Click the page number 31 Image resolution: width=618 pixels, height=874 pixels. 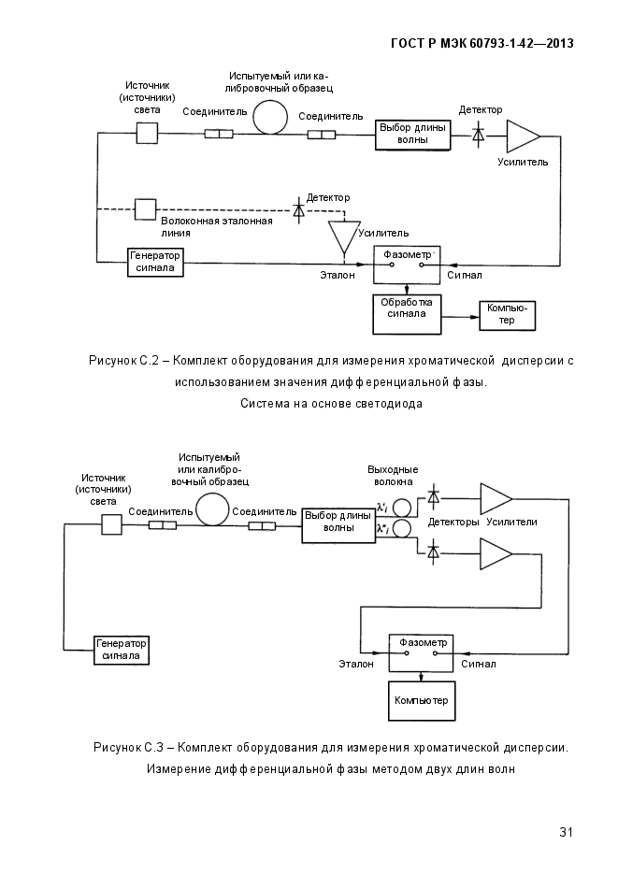[x=566, y=832]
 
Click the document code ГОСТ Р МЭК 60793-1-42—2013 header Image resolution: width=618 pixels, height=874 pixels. [x=482, y=44]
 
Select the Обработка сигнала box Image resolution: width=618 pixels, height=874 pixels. [x=407, y=314]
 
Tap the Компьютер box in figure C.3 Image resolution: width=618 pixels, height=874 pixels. [x=422, y=701]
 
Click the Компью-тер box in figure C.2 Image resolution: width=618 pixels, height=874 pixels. [x=507, y=315]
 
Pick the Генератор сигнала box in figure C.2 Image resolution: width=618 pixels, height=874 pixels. [x=155, y=262]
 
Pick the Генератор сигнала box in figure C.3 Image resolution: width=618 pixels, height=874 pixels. [x=122, y=650]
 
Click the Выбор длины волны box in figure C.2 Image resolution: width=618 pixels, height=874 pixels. [x=413, y=135]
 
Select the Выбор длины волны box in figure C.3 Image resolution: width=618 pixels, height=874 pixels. [x=338, y=525]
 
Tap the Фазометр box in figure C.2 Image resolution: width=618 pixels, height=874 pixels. [x=407, y=265]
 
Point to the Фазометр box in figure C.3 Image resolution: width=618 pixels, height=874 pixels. [x=422, y=652]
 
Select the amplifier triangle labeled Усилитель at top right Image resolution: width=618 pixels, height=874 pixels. [x=523, y=136]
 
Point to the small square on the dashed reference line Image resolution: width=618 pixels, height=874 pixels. [x=146, y=209]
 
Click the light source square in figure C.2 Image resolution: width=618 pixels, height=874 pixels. [x=147, y=134]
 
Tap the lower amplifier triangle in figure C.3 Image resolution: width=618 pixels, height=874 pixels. [x=496, y=554]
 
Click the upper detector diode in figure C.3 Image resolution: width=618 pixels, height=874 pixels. [x=433, y=496]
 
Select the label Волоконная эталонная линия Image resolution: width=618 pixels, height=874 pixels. [x=217, y=227]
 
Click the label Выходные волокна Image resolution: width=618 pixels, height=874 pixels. [x=393, y=476]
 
